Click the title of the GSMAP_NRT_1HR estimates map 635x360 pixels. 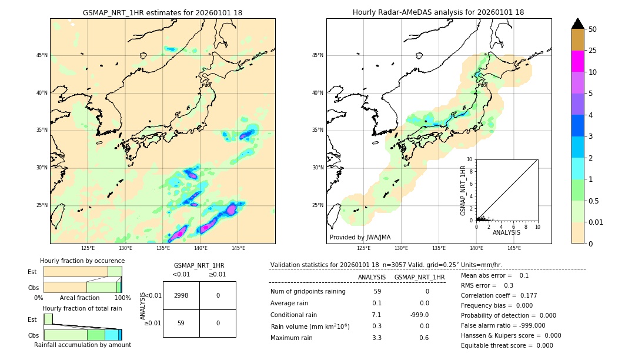(162, 12)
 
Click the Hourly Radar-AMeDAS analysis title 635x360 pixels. (438, 12)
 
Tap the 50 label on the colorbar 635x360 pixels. (593, 29)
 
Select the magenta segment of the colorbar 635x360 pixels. (577, 61)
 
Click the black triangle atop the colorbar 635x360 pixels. (577, 24)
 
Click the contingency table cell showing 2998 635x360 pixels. (181, 295)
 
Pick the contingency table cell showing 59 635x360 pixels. (181, 323)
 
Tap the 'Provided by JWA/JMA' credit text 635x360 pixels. (360, 238)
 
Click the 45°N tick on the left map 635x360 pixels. (42, 55)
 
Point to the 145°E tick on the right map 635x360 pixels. (514, 248)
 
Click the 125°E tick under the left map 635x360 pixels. (88, 248)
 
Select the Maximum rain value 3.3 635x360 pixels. (377, 338)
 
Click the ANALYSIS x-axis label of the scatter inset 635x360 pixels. (506, 232)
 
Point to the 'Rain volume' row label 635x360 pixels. (310, 326)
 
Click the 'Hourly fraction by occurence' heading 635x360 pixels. (82, 261)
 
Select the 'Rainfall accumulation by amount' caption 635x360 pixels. (82, 345)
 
